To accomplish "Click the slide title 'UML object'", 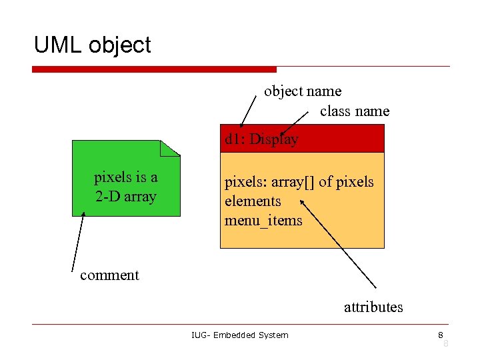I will (x=93, y=45).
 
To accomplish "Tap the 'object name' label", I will (x=302, y=91).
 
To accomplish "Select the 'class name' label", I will (x=354, y=111).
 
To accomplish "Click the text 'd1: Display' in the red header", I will (x=261, y=139).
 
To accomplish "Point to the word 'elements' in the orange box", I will (x=253, y=201).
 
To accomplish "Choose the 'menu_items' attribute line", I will (x=263, y=220).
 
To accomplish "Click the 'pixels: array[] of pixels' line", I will (x=299, y=181).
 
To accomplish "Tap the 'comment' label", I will (x=109, y=275).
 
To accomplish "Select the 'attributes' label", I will (x=373, y=307).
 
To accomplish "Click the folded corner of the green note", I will (x=173, y=147).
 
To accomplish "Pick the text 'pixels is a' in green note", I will (x=125, y=177).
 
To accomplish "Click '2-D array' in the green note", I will (x=125, y=196).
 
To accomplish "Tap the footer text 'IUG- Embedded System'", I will (x=239, y=335).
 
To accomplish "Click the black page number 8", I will (x=440, y=334).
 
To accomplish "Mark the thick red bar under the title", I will (x=154, y=69).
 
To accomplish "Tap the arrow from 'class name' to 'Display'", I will (x=295, y=124).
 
